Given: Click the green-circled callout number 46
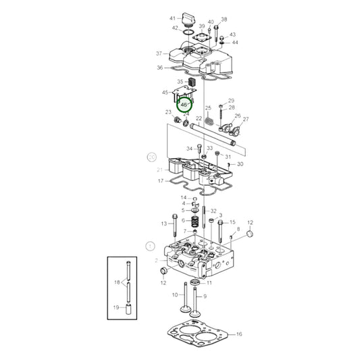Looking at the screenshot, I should tap(184, 105).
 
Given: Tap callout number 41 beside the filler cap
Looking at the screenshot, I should tap(172, 18).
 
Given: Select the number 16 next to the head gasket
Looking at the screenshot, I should tap(239, 334).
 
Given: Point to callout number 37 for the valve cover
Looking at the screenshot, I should tap(159, 53).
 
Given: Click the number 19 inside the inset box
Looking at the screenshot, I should tap(116, 307).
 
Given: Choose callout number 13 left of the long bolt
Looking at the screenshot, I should tap(163, 224).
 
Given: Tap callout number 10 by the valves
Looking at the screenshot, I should tap(174, 295).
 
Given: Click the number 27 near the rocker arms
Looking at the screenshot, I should tap(245, 119).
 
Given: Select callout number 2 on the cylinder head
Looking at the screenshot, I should tap(155, 260).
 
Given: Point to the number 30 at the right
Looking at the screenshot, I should tap(240, 164).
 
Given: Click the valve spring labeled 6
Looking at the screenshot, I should tap(194, 221).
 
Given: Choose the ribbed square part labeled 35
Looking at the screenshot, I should tap(191, 84).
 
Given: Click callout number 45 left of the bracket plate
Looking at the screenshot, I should tap(165, 92).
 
